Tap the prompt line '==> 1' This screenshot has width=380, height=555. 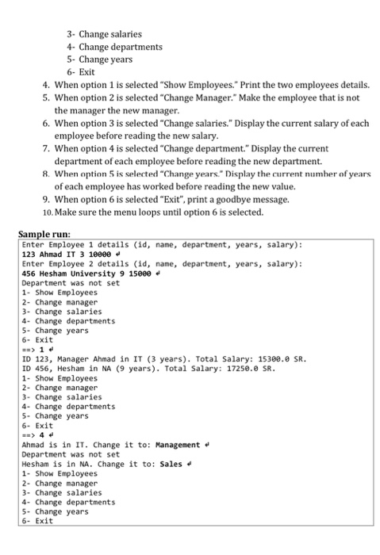click(36, 350)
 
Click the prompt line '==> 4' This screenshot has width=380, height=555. click(36, 435)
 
